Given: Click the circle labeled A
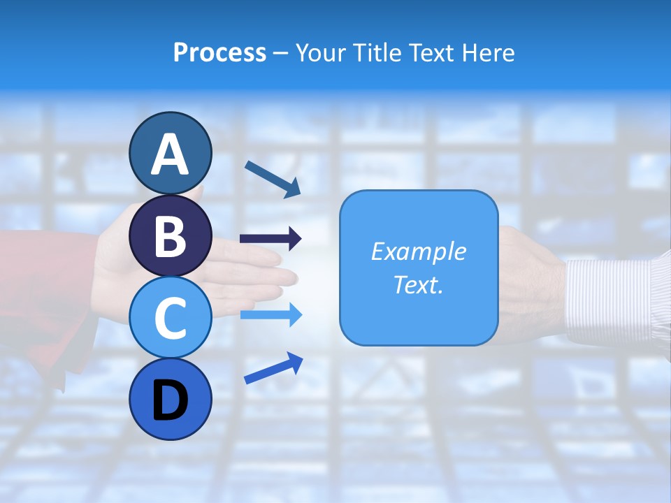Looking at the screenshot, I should (x=170, y=153).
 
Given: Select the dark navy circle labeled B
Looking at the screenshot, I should (x=170, y=235).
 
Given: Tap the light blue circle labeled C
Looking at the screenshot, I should (x=170, y=317).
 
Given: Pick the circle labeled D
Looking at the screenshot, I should (x=170, y=399).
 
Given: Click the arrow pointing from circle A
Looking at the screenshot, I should (x=272, y=179).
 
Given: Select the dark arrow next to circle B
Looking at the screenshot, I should (x=270, y=239).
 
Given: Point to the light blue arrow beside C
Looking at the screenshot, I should (x=270, y=315).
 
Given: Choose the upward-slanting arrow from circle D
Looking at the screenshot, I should (x=273, y=367).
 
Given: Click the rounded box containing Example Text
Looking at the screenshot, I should (x=419, y=268).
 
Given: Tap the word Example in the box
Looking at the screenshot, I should (x=419, y=251).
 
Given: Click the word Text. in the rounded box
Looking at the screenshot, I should (x=419, y=284).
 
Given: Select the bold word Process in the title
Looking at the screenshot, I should (x=219, y=52).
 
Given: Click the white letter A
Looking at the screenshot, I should (x=170, y=154).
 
